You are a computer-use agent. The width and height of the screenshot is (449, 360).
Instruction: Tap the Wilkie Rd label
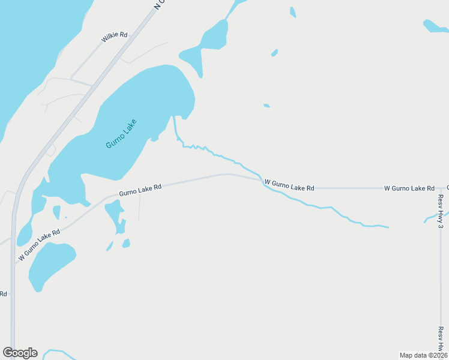click(x=115, y=37)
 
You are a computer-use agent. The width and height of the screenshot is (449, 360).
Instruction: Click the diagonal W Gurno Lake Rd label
click(x=40, y=244)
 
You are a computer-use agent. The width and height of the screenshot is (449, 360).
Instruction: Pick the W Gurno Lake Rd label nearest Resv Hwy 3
click(x=409, y=188)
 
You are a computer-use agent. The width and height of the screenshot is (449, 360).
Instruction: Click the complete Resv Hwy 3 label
click(x=441, y=211)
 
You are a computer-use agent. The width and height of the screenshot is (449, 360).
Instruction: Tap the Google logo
click(x=20, y=353)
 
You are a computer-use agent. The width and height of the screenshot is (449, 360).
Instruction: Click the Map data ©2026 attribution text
click(x=423, y=355)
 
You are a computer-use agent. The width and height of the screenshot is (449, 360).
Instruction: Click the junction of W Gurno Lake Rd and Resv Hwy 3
click(x=440, y=188)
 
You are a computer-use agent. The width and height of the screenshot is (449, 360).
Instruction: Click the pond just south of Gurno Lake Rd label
click(x=115, y=216)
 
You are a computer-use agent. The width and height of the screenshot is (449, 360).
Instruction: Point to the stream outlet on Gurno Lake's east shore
click(x=174, y=118)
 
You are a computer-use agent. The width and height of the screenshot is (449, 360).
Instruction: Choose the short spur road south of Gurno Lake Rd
click(x=139, y=207)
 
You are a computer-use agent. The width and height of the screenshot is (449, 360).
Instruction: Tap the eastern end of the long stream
click(x=388, y=227)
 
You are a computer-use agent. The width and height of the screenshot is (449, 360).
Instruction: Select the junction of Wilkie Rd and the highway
click(x=71, y=79)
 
